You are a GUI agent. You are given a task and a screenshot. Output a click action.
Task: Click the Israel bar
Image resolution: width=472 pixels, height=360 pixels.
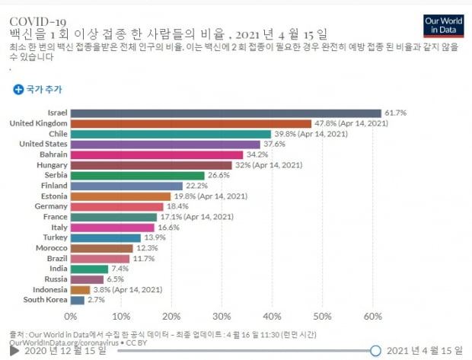[x=226, y=113]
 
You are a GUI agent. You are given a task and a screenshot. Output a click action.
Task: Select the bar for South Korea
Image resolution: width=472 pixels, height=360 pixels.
[x=78, y=300]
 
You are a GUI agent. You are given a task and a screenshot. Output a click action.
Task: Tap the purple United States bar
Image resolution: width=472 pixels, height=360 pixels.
[x=165, y=145]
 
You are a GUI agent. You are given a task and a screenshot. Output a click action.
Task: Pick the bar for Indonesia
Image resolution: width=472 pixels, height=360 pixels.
[x=81, y=290]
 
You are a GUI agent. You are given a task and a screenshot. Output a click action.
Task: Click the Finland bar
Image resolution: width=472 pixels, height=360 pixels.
[x=126, y=186]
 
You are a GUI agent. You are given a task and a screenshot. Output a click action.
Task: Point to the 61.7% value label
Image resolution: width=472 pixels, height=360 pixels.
[x=396, y=113]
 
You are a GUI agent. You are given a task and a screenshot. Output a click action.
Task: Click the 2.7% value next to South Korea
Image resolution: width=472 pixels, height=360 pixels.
[x=97, y=300]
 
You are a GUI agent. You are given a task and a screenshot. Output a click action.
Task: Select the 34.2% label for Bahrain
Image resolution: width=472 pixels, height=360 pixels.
[x=257, y=155]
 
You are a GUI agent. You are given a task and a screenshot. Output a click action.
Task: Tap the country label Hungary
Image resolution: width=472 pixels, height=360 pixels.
[x=52, y=165]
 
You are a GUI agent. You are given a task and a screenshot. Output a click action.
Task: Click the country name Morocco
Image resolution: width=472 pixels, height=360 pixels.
[x=52, y=248]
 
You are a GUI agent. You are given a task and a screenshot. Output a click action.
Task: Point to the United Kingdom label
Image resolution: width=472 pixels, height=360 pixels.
[x=39, y=123]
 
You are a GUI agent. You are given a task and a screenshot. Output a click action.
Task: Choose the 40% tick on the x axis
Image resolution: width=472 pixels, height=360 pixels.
[x=272, y=317]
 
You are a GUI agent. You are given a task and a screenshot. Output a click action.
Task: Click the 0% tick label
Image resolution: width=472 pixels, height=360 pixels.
[x=71, y=317]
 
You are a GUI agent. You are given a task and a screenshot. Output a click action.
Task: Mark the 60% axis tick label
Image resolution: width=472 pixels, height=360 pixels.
[x=373, y=317]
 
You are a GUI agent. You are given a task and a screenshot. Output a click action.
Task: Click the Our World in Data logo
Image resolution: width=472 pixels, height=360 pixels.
[x=443, y=26]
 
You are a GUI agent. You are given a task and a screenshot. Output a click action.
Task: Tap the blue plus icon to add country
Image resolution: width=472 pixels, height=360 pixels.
[x=18, y=89]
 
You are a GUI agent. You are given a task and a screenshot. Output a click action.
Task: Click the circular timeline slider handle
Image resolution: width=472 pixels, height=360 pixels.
[x=375, y=351]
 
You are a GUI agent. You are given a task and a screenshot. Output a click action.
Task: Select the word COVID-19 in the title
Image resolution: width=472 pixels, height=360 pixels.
[x=37, y=21]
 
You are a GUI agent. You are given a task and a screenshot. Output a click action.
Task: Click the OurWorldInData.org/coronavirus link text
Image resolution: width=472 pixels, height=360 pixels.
[x=64, y=342]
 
